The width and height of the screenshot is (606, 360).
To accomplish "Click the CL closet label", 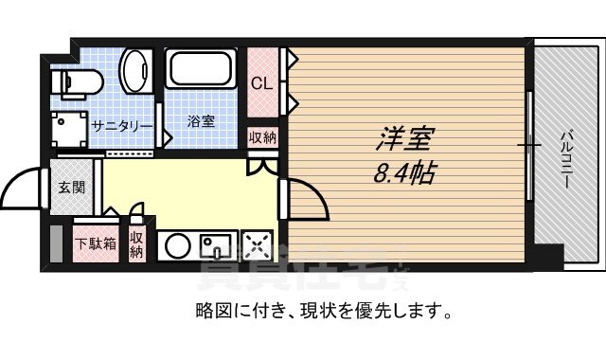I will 261,83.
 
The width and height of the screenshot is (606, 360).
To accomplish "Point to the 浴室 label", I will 200,121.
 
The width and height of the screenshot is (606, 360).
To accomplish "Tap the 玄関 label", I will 72,187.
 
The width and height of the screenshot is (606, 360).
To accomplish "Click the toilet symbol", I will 76,81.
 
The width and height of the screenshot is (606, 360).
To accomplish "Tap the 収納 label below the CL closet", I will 262,137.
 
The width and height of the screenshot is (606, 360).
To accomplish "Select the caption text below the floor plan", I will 323,310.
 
